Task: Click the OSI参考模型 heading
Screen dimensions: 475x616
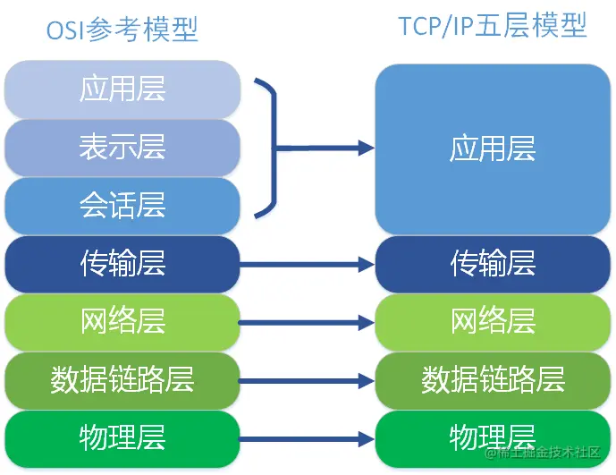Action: (x=122, y=30)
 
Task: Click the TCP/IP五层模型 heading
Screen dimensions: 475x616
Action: (x=493, y=26)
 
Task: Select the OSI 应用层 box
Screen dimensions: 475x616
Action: (x=122, y=89)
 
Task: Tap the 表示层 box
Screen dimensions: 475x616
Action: (x=122, y=147)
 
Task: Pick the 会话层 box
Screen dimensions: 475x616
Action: (x=122, y=205)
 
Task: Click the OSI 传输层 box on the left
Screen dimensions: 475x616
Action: (x=122, y=263)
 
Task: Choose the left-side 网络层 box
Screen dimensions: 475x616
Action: (x=122, y=320)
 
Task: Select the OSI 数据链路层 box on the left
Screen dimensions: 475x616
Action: (x=122, y=379)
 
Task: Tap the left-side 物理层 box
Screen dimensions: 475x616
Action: (x=122, y=437)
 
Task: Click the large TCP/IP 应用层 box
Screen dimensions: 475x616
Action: (x=493, y=148)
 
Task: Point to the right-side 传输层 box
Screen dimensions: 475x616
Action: (x=493, y=263)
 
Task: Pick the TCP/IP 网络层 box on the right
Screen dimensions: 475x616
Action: (x=493, y=320)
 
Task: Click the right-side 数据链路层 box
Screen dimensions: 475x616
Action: (x=493, y=379)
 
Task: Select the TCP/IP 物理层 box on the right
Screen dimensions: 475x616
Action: (x=493, y=437)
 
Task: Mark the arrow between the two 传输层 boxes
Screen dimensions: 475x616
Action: (x=307, y=264)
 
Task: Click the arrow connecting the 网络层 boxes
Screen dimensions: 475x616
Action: (x=307, y=321)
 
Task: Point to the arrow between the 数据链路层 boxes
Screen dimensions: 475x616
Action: (x=307, y=380)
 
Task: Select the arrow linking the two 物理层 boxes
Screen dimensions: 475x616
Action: (x=307, y=438)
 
